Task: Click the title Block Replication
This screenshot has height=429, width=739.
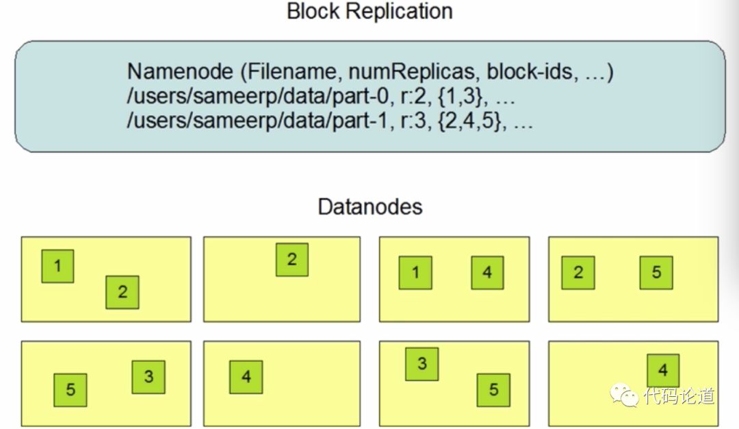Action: coord(369,12)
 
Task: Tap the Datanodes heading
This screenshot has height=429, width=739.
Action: coord(369,206)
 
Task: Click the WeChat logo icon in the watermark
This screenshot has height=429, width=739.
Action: coord(624,395)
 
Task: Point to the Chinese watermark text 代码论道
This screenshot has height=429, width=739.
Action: coord(679,396)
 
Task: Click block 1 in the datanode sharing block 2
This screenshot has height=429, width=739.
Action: coord(57,266)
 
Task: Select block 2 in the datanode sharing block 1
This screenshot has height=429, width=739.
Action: coord(122,293)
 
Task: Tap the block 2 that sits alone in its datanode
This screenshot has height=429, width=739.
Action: coord(292,260)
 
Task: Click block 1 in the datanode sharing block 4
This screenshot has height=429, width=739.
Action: coord(415,273)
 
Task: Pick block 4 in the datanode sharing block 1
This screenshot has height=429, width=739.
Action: coord(487,273)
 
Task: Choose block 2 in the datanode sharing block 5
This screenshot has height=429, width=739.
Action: coord(578,273)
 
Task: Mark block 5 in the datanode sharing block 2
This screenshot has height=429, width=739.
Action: coord(656,273)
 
